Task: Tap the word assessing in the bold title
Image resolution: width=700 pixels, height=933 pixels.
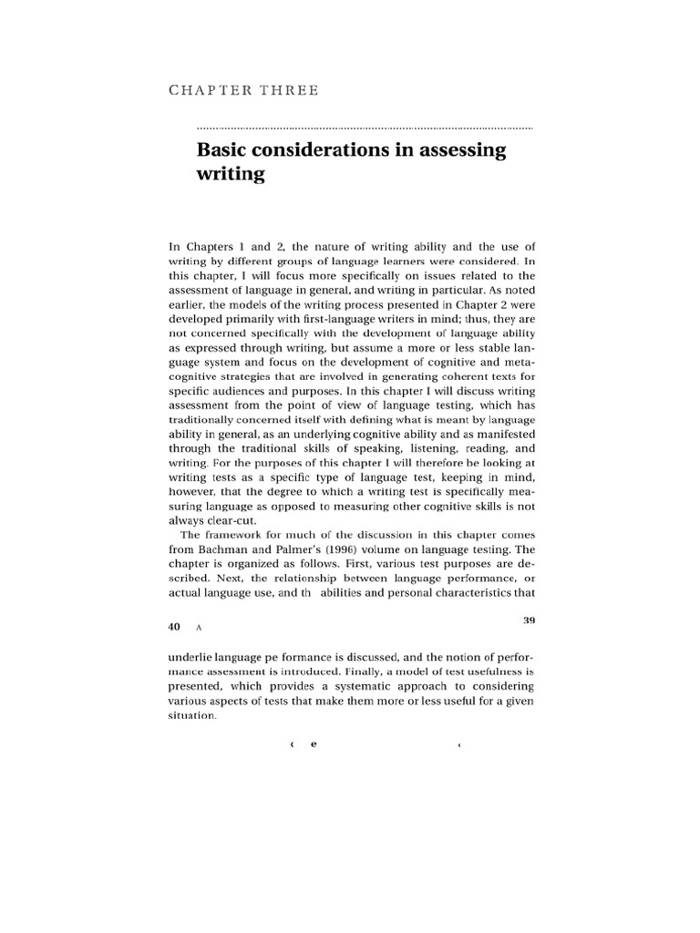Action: pos(462,150)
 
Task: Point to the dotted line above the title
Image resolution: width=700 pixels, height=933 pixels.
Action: pos(365,128)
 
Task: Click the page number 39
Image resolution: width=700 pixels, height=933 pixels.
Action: pos(528,620)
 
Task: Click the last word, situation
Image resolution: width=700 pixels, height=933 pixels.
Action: pos(194,716)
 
